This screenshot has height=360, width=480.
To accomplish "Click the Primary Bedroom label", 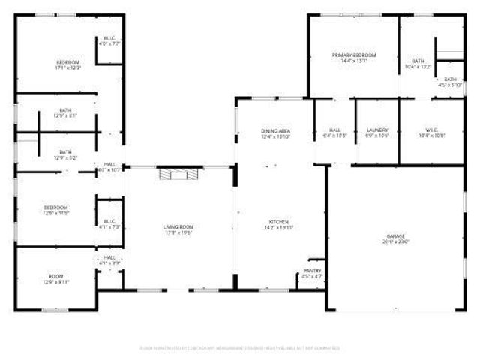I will [x=354, y=55].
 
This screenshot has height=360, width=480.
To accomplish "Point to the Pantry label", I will [x=313, y=271].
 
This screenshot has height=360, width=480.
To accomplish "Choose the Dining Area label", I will [x=275, y=131].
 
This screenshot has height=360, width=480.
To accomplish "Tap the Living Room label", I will [x=178, y=226].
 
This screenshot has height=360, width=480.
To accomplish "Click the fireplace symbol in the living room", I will [x=179, y=174].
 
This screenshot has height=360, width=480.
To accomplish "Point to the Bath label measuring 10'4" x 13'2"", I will [x=418, y=61].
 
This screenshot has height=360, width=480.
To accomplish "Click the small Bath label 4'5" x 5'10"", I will [x=450, y=79].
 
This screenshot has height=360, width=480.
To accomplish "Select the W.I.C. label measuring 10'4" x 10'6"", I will [x=435, y=130].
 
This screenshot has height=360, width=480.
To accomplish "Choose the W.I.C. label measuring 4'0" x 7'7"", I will [x=109, y=39].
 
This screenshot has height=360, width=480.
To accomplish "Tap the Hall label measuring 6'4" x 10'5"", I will [x=334, y=130].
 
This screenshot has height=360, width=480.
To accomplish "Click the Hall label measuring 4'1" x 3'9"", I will [x=109, y=256].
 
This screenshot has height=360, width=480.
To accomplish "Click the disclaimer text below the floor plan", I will [x=240, y=348].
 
